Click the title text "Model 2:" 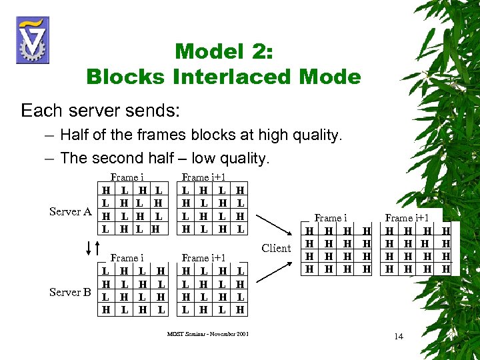point(223,51)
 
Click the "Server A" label point(70,212)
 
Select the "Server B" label point(70,292)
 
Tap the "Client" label point(275,249)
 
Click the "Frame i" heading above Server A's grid point(126,177)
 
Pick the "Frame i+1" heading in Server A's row point(203,177)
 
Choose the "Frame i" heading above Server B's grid point(126,257)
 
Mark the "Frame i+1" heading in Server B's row point(203,257)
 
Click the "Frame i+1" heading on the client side point(407,218)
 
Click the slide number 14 point(398,336)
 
